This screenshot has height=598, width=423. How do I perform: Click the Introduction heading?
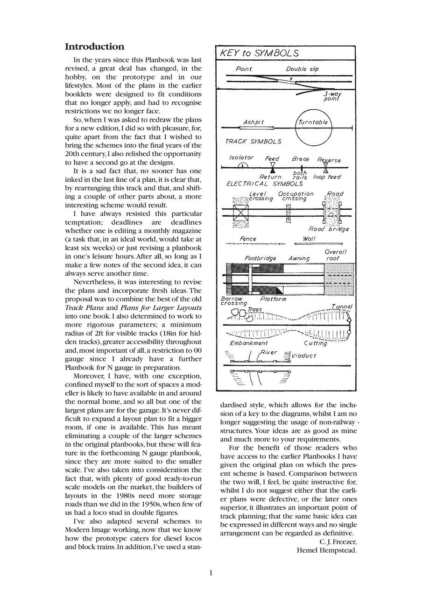[94, 47]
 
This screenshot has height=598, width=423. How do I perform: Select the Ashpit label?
[254, 122]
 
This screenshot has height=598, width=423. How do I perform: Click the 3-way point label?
[332, 96]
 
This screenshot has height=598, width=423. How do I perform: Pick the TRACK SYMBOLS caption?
[253, 141]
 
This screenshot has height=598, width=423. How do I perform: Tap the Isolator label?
[241, 158]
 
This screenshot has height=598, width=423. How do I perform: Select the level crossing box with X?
[241, 212]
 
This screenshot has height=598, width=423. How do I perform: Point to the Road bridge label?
[329, 229]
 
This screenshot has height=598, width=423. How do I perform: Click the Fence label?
[248, 239]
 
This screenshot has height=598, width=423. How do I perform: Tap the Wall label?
[309, 239]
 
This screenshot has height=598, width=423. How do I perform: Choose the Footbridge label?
[260, 258]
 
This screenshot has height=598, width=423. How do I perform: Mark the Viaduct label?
[304, 356]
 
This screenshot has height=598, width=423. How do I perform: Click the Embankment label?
[249, 342]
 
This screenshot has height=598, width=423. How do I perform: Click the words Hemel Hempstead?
[326, 550]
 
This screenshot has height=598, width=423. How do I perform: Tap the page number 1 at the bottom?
[211, 573]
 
